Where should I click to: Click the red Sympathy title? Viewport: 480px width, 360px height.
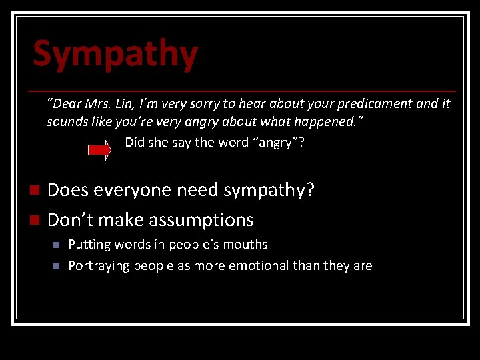(x=115, y=54)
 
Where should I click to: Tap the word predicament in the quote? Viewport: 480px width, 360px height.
(x=373, y=104)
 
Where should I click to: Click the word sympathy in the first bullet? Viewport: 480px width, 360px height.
(x=268, y=191)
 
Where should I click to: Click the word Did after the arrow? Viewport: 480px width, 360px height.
(x=135, y=143)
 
